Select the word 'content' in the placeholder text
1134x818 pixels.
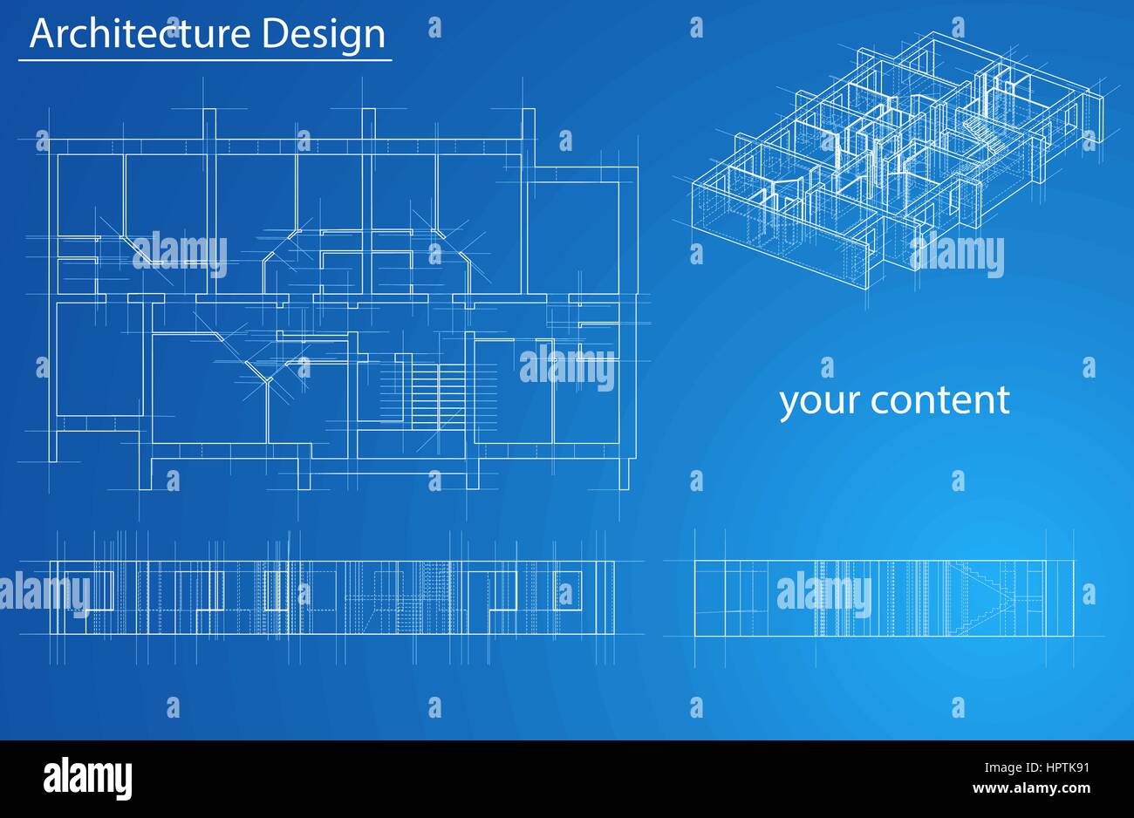(940, 400)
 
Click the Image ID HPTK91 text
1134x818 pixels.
(1037, 767)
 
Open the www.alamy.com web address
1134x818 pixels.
(1032, 788)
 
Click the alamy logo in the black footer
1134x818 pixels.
(87, 778)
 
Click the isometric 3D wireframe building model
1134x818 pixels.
(898, 161)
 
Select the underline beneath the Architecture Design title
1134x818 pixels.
(205, 60)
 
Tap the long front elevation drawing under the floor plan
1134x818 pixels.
(332, 597)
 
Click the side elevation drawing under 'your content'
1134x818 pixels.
(884, 598)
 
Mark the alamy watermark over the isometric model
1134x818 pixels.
(957, 255)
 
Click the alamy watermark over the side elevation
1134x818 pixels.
(824, 594)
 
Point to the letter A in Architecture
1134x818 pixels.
(44, 34)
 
